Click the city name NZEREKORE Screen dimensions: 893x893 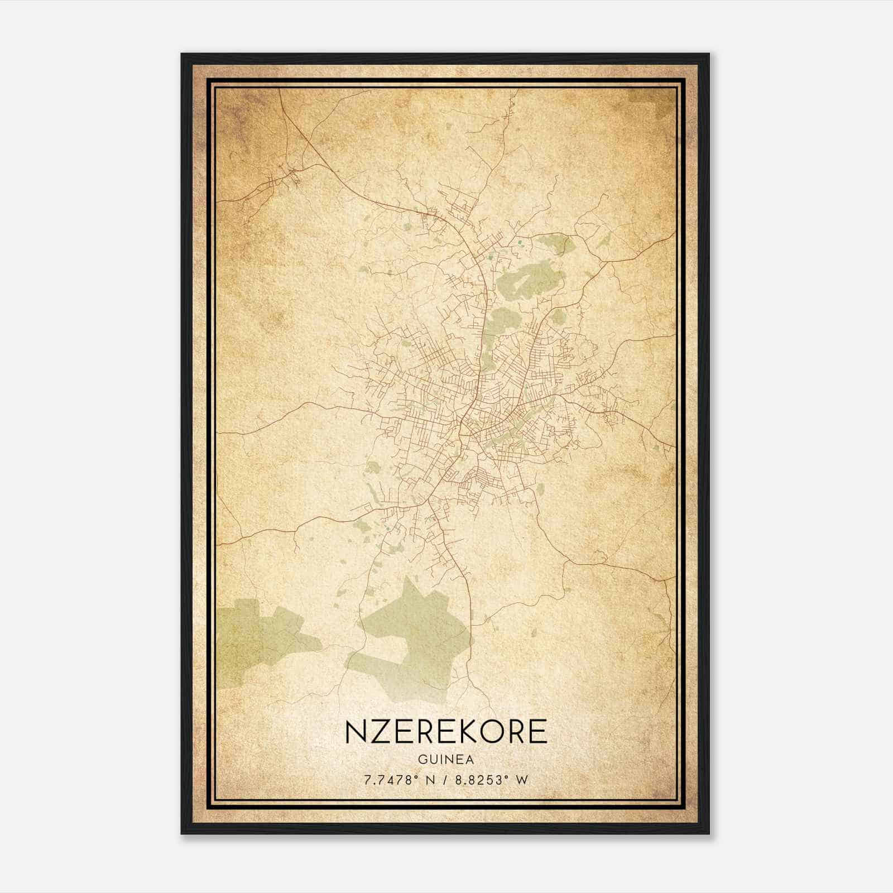pyautogui.click(x=446, y=732)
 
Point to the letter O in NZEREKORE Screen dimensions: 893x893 pyautogui.click(x=500, y=732)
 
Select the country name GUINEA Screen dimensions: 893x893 pyautogui.click(x=446, y=760)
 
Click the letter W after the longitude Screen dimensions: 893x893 pyautogui.click(x=522, y=780)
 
